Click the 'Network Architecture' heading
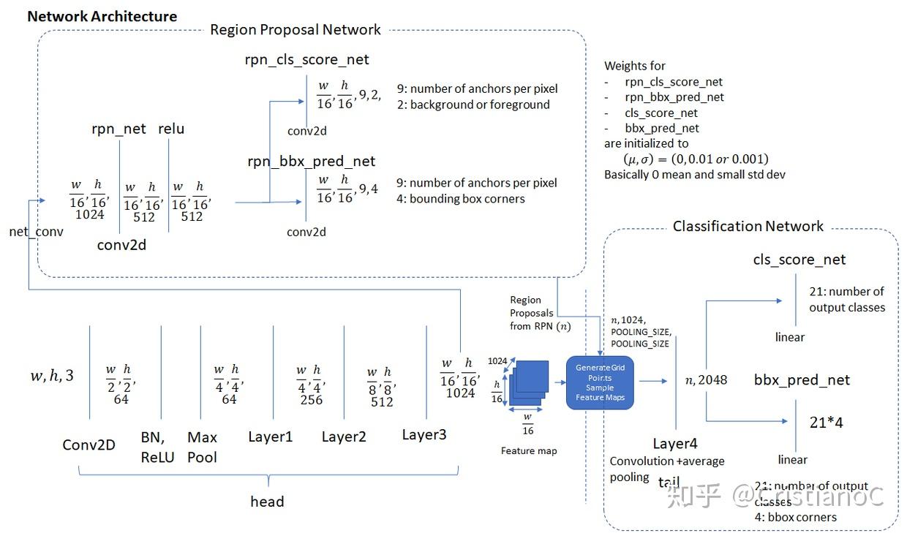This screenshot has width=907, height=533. click(102, 15)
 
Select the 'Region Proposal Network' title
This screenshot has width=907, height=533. click(296, 30)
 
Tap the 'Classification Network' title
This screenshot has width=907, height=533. click(748, 227)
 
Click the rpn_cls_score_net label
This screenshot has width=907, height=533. click(307, 60)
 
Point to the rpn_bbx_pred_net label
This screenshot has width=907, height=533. click(311, 161)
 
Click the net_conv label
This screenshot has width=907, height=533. click(36, 233)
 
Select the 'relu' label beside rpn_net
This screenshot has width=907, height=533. click(171, 129)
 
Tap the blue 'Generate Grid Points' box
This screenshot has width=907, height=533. click(600, 382)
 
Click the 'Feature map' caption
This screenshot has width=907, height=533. click(529, 451)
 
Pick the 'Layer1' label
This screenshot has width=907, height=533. click(270, 437)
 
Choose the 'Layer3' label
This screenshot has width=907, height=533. click(424, 435)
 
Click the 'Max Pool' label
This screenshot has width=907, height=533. click(202, 447)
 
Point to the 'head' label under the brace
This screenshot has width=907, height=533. click(267, 502)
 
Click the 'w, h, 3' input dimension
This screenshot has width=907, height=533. click(52, 377)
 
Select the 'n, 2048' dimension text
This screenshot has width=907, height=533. click(705, 379)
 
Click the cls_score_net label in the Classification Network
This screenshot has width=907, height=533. click(799, 260)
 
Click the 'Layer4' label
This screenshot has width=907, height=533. click(676, 444)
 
